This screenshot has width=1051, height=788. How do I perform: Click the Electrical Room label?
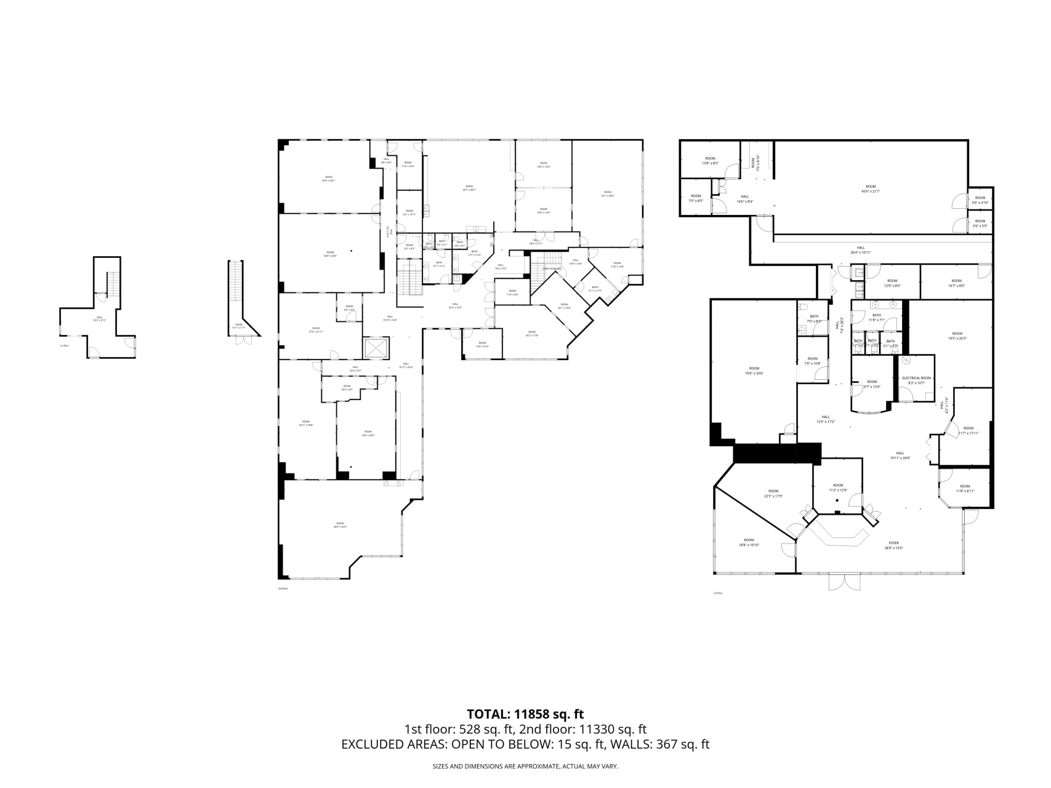pyautogui.click(x=916, y=380)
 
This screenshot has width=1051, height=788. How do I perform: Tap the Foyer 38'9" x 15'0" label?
pyautogui.click(x=893, y=545)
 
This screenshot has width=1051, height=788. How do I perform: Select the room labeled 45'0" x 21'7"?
pyautogui.click(x=870, y=189)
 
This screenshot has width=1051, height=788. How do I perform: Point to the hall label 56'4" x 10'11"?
pyautogui.click(x=861, y=250)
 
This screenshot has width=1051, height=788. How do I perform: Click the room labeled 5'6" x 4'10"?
pyautogui.click(x=980, y=200)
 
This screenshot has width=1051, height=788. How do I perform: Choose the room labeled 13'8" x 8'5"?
pyautogui.click(x=711, y=161)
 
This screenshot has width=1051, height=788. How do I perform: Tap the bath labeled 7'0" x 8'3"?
pyautogui.click(x=814, y=319)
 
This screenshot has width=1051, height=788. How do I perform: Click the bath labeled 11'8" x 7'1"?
pyautogui.click(x=876, y=318)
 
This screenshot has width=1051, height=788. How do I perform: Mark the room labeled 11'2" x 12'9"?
pyautogui.click(x=838, y=488)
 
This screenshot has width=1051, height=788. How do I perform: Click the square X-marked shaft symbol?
pyautogui.click(x=376, y=348)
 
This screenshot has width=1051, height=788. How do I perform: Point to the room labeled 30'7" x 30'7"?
pyautogui.click(x=469, y=188)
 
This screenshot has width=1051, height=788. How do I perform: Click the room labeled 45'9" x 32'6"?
pyautogui.click(x=340, y=525)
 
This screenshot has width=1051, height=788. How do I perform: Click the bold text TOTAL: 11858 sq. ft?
pyautogui.click(x=525, y=714)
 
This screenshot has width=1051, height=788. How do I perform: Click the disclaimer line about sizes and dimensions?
pyautogui.click(x=525, y=766)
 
